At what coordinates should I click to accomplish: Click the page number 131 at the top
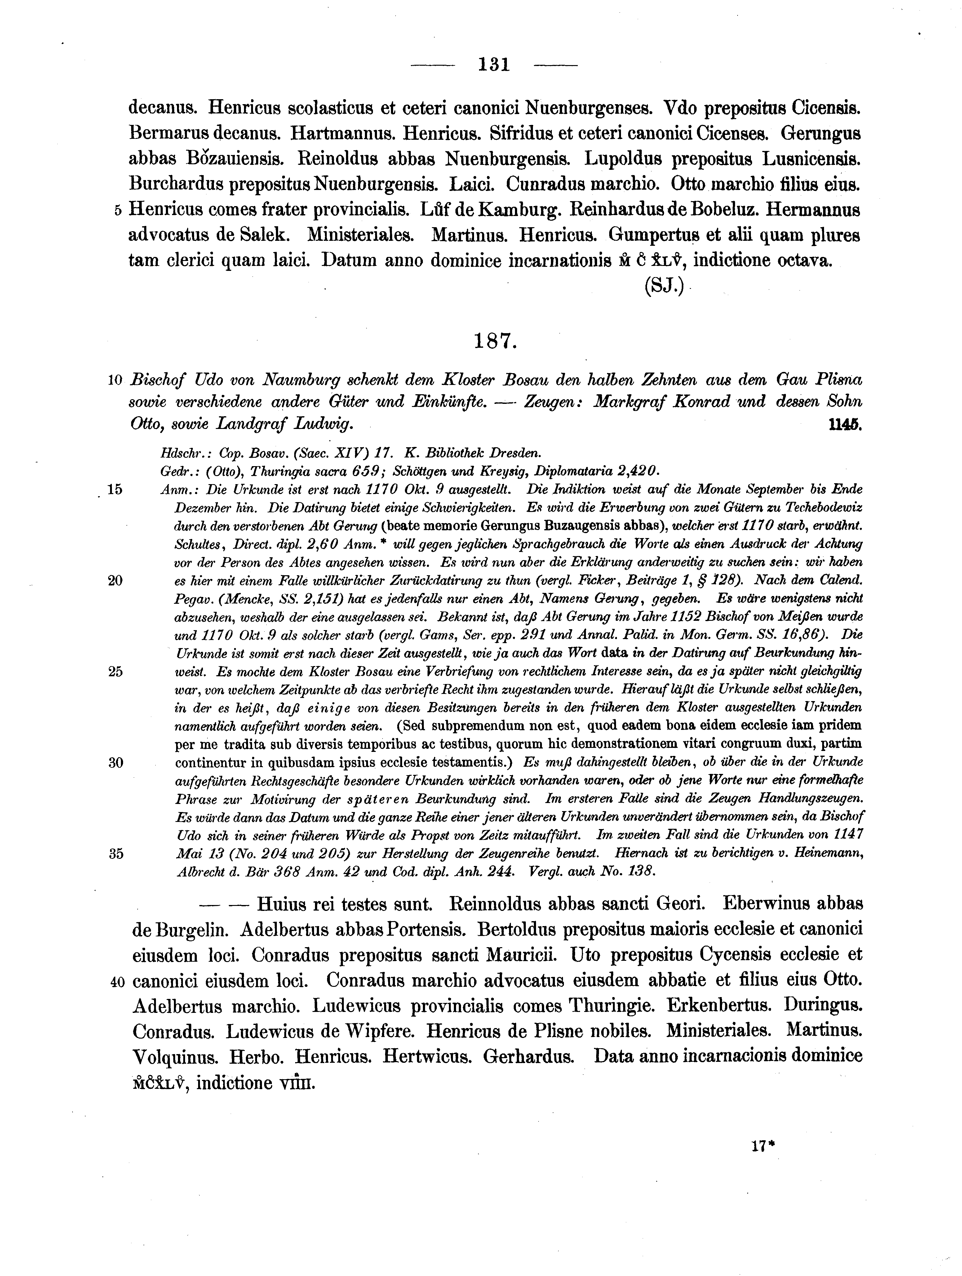(494, 64)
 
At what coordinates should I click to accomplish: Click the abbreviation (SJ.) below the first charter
(664, 287)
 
